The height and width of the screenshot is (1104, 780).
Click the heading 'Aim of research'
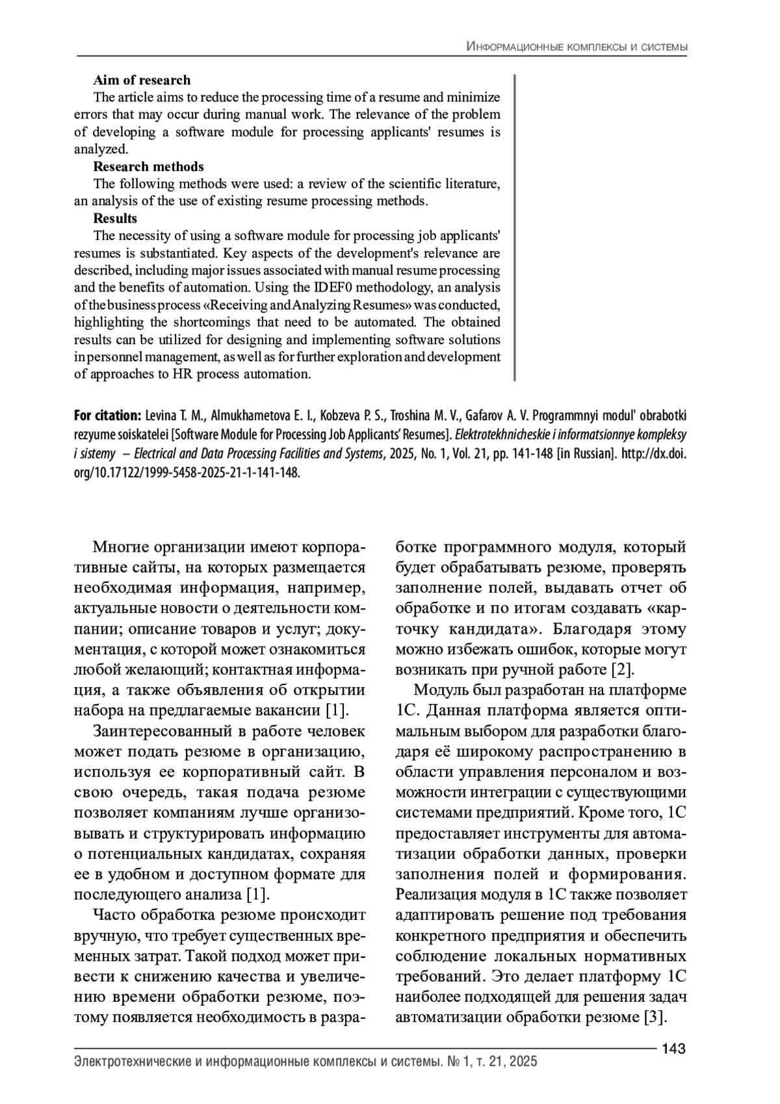click(x=142, y=80)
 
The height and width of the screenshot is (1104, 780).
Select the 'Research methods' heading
click(x=148, y=167)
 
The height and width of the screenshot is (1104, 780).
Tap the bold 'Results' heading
click(x=115, y=219)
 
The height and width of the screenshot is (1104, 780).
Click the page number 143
click(x=674, y=1049)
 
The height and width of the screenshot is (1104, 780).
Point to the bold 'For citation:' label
click(x=107, y=416)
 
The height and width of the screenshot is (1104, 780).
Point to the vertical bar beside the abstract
click(x=515, y=228)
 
